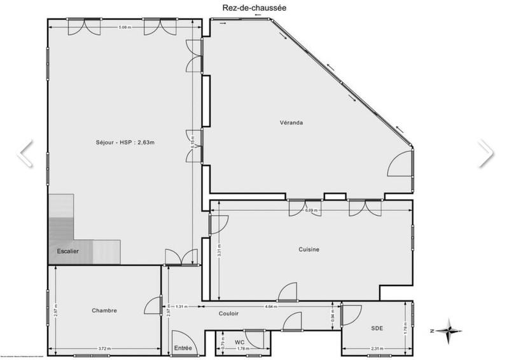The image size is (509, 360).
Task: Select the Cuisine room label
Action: click(x=309, y=249)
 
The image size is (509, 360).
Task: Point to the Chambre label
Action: click(x=104, y=310)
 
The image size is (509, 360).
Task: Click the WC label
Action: click(x=239, y=342)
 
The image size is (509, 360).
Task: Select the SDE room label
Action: click(x=377, y=328)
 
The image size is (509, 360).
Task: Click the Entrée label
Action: click(x=183, y=349)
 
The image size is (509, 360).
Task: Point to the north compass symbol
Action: click(x=449, y=331)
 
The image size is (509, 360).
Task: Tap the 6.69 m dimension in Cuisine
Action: click(x=311, y=210)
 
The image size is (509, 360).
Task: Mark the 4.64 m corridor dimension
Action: click(x=270, y=307)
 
